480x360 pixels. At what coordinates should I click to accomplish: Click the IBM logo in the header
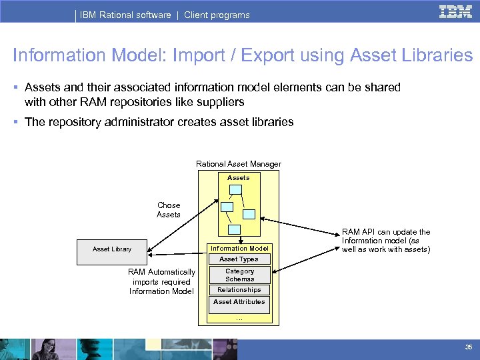click(456, 13)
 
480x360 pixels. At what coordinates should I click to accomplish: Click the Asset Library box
click(112, 249)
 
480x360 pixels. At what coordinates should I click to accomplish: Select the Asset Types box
click(239, 259)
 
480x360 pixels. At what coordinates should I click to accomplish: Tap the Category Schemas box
click(239, 275)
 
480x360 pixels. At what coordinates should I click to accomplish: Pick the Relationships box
click(239, 290)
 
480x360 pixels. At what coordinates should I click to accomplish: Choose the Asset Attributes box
click(239, 302)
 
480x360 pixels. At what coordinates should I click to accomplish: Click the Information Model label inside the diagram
click(239, 249)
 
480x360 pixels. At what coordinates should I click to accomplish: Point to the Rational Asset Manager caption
click(238, 164)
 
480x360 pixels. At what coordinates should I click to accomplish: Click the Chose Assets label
click(169, 210)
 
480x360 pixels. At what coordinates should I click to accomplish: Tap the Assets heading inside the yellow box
click(238, 178)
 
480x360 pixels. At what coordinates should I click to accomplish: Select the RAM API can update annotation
click(386, 241)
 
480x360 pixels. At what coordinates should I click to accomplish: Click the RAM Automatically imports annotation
click(161, 281)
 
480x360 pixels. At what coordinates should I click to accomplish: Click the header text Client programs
click(217, 15)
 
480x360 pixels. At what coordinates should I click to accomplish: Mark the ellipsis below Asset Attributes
click(239, 318)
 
